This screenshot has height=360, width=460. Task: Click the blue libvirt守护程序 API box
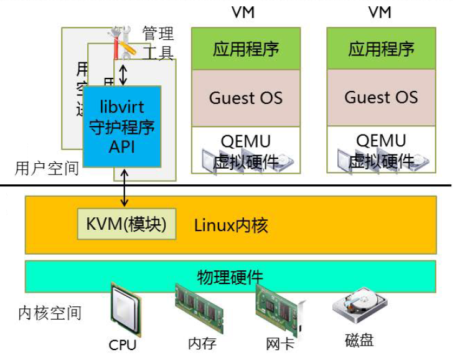(x=122, y=126)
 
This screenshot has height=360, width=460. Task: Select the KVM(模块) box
(x=126, y=224)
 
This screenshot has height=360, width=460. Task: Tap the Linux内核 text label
(x=231, y=225)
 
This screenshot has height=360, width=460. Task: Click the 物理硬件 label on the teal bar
(x=230, y=277)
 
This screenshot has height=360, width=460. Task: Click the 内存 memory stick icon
(x=199, y=308)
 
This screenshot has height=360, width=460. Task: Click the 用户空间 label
(x=47, y=168)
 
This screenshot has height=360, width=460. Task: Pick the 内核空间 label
(x=50, y=312)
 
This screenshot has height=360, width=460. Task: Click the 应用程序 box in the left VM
(x=245, y=49)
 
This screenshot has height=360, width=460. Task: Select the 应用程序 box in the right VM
(x=381, y=49)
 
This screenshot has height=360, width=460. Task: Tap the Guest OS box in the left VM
(x=245, y=98)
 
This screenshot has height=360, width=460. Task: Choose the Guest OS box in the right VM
(x=381, y=98)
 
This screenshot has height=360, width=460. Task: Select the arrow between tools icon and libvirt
(x=123, y=73)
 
